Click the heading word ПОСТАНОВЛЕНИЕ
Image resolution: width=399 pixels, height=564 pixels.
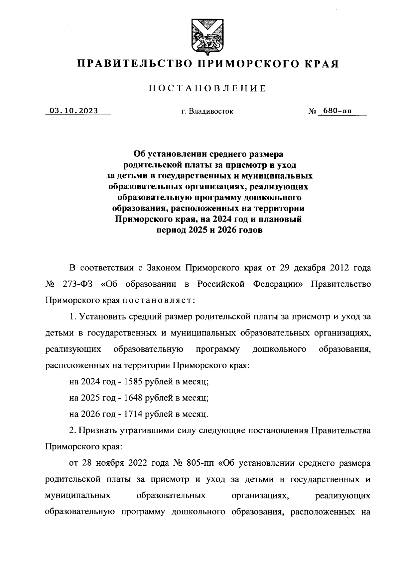207,89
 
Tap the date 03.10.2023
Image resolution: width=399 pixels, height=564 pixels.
74,111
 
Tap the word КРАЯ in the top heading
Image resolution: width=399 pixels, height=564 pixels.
322,63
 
